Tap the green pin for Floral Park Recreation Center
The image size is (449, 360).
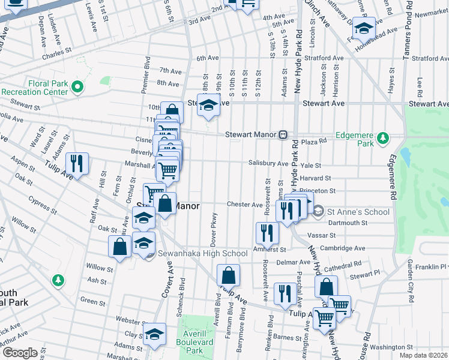(x=77, y=88)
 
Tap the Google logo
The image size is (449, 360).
(x=19, y=353)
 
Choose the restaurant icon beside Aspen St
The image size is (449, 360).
(x=77, y=163)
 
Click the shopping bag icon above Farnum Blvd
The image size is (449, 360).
(x=229, y=276)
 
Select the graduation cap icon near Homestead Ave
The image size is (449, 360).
(x=364, y=28)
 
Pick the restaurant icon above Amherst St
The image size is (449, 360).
(x=267, y=232)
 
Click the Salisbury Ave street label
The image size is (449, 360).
(x=268, y=163)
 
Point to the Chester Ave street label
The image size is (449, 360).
(x=242, y=204)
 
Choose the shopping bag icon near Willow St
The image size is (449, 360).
(x=119, y=247)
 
